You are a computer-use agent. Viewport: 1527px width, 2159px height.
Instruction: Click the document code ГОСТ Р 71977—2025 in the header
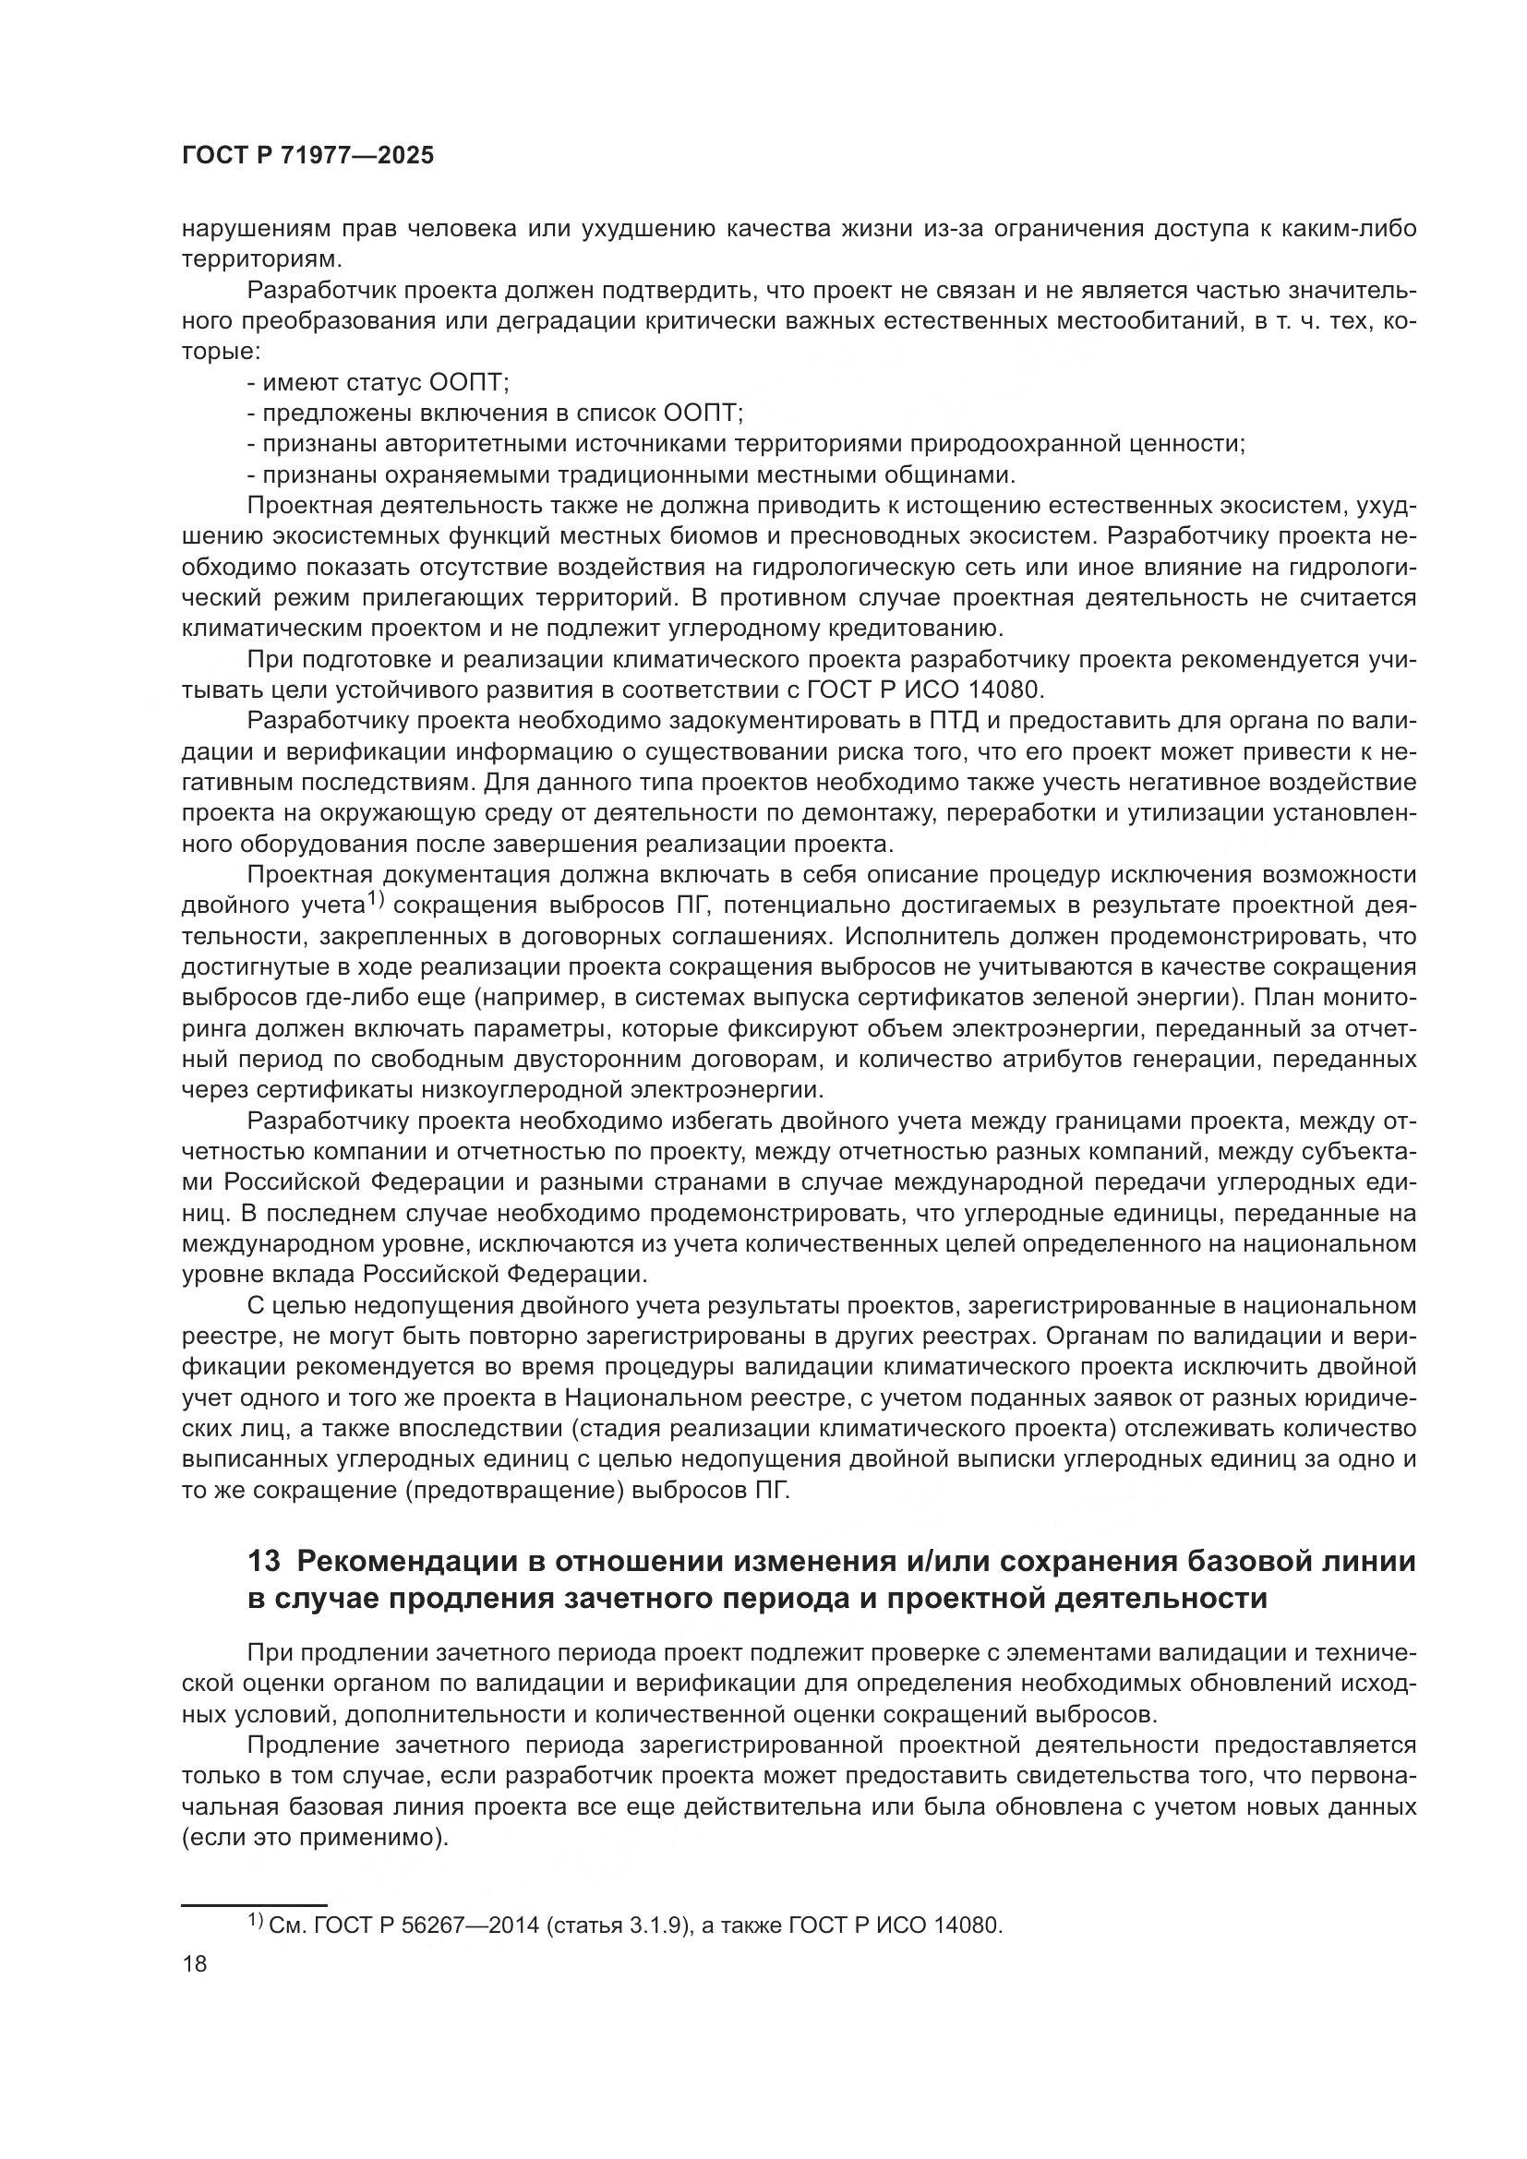point(307,156)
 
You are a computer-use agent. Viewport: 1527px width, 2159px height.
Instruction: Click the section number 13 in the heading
point(264,1562)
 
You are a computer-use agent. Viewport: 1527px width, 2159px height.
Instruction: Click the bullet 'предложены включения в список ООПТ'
point(496,414)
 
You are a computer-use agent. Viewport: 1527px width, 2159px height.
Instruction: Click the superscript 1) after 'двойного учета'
point(376,900)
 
